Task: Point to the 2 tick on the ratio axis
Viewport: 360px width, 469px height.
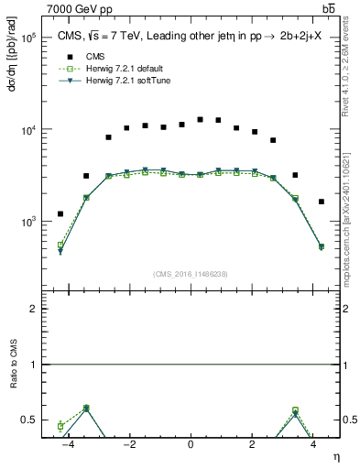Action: coord(33,309)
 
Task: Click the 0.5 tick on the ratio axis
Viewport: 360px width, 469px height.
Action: coord(29,420)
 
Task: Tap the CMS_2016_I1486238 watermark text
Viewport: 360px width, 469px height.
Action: coord(190,274)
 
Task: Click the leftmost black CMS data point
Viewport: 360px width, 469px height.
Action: coord(60,213)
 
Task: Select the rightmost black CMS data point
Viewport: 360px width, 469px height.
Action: coord(322,202)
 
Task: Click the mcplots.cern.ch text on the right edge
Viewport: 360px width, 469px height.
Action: coord(348,229)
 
